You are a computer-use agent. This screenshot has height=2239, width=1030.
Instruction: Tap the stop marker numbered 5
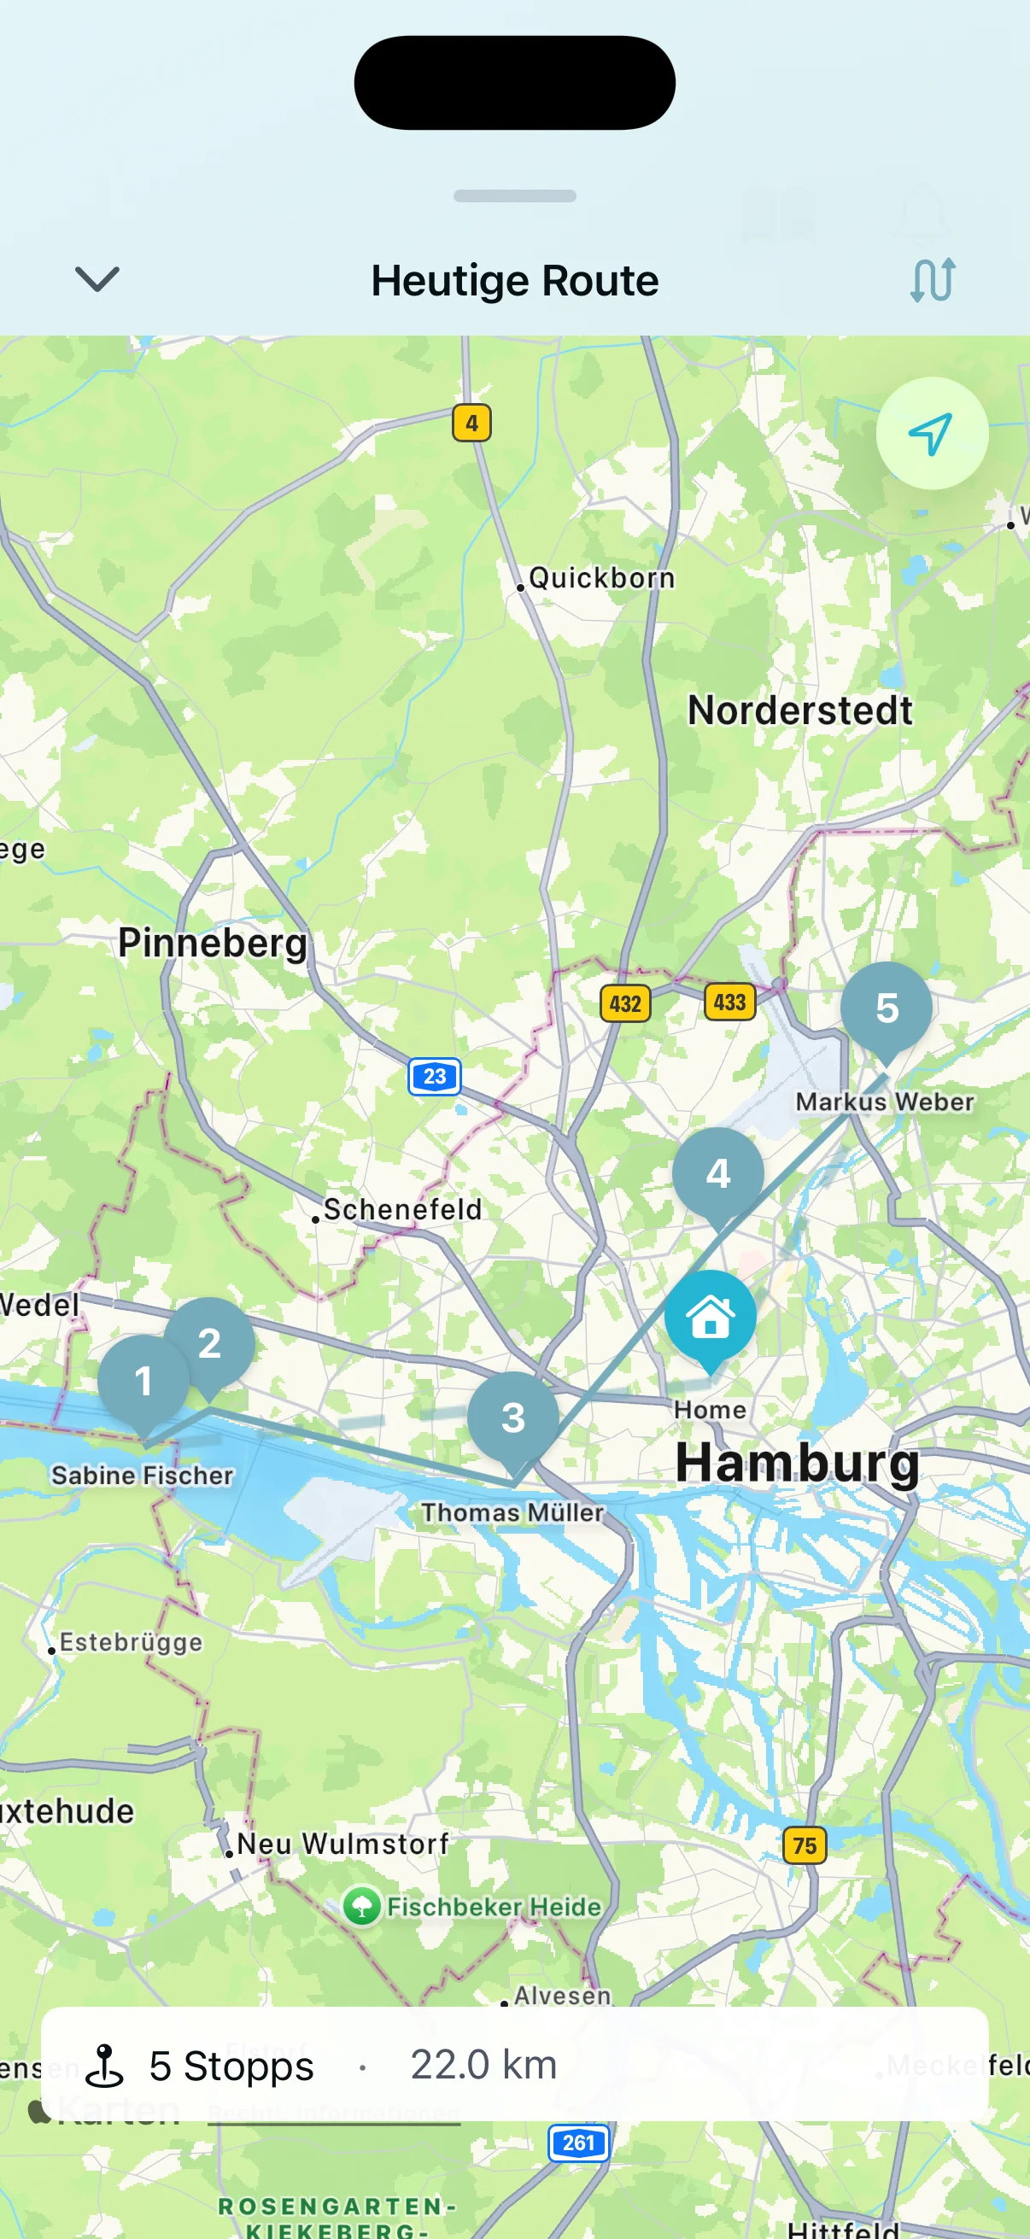pos(886,1008)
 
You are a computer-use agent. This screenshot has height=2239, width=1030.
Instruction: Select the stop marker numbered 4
pos(718,1173)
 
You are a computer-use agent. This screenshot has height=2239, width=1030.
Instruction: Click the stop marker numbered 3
pos(512,1418)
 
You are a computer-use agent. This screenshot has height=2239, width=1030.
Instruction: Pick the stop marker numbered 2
pos(210,1343)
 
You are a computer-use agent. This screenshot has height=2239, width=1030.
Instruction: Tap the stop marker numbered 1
pos(143,1381)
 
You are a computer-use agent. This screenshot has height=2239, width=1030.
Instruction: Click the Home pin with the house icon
pos(710,1317)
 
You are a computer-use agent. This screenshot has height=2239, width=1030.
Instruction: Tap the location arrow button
pos(931,434)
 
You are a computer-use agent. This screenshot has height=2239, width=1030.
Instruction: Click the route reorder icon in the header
pos(933,280)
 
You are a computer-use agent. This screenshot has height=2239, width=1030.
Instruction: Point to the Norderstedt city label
pos(799,711)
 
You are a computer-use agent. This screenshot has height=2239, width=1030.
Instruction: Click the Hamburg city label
pos(797,1463)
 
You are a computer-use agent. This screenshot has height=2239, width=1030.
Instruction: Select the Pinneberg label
pos(213,943)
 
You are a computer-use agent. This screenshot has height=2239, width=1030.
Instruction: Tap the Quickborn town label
pos(601,578)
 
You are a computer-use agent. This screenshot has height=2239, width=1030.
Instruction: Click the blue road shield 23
pos(435,1077)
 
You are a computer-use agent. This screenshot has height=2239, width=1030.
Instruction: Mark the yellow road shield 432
pos(625,1004)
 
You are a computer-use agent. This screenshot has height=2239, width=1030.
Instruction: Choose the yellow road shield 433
pos(729,1003)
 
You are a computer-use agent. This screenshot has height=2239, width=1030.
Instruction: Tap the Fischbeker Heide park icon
pos(361,1907)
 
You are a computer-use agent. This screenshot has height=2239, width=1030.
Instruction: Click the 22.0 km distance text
pos(483,2064)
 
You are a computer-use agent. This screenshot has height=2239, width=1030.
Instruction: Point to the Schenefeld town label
pos(402,1209)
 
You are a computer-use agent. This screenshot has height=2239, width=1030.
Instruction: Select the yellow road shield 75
pos(804,1845)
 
